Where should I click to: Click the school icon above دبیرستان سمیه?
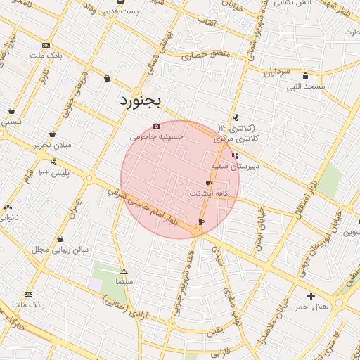pos(235,155)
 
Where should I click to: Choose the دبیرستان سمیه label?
pos(236,166)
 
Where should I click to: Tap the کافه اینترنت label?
pos(208,193)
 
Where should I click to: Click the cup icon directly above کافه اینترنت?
pos(208,183)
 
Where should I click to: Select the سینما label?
pos(124,281)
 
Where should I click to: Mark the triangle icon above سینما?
pos(124,271)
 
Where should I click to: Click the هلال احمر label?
pos(311,307)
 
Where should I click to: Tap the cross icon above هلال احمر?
pos(311,296)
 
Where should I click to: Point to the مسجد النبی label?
pos(305,86)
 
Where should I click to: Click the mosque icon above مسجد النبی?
pos(305,76)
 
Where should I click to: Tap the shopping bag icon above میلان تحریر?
pos(52,134)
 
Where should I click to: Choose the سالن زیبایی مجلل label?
pos(60,250)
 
